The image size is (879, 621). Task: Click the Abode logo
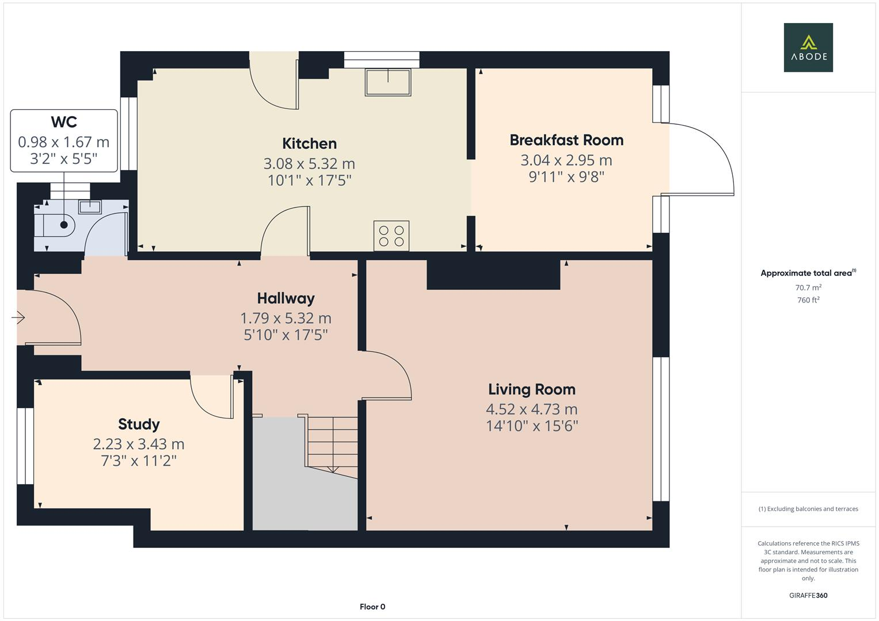pos(808,47)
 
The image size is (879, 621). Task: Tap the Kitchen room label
pos(309,144)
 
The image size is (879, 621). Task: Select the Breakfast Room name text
pos(566,140)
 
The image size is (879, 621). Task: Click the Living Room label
pos(531,389)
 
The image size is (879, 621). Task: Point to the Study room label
pos(139,424)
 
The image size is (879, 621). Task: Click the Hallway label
pos(286,298)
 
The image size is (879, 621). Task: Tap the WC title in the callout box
pos(64,122)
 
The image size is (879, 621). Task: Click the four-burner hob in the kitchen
pos(391,236)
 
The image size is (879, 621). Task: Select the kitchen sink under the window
pos(388,82)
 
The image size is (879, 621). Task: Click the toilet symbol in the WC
pos(58,225)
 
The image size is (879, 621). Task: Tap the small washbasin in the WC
pos(90,206)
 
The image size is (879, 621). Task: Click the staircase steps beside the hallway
pos(332,443)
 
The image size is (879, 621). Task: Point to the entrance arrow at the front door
pos(18,317)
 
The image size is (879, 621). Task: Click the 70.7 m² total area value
pos(808,287)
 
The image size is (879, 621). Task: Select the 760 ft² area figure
pos(808,300)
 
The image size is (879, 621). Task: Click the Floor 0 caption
pos(372,607)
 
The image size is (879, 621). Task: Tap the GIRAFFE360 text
pos(808,595)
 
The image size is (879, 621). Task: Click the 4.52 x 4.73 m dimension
pos(531,409)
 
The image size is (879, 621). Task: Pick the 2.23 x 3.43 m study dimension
pos(139,444)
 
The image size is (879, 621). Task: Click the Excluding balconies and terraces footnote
pos(808,509)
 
